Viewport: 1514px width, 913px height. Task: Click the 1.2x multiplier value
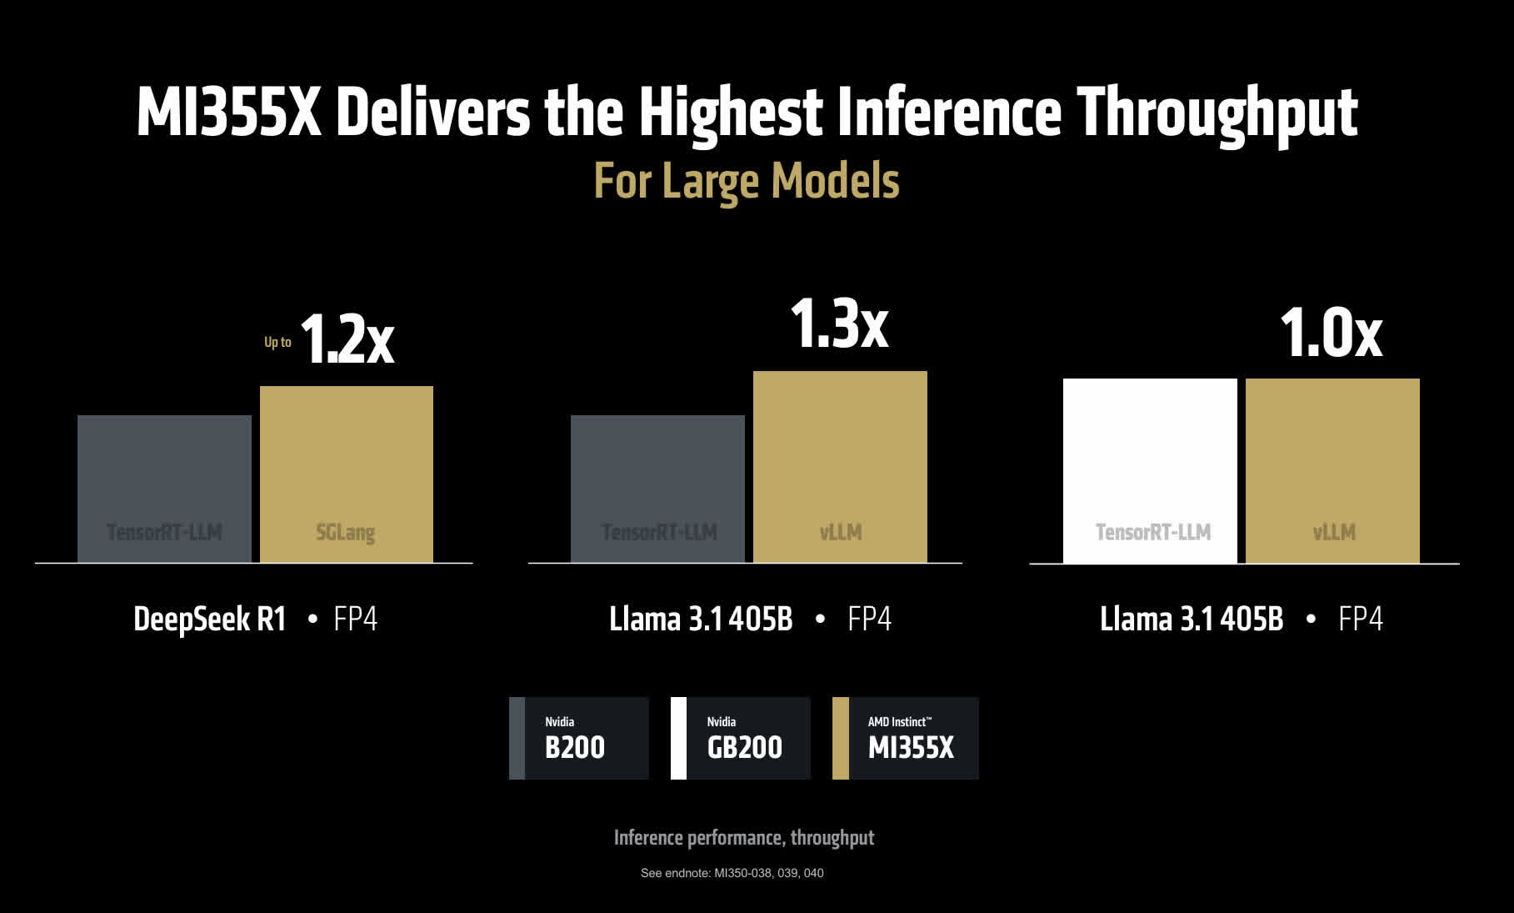[347, 340]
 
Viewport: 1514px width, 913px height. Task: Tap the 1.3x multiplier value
[839, 324]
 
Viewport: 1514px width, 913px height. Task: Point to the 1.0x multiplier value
[1331, 334]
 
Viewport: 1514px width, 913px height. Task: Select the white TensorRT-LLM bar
[1150, 471]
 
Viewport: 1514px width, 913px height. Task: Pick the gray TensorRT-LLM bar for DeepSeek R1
[164, 489]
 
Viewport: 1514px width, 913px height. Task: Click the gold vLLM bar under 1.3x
[840, 467]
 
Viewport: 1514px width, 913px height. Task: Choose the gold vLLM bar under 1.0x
[1332, 471]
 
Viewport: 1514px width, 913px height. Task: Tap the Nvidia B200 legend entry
[579, 739]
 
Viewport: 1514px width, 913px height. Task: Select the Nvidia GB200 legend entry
[741, 739]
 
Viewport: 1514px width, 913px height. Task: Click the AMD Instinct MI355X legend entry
[906, 739]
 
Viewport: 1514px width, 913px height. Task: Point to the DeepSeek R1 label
[210, 620]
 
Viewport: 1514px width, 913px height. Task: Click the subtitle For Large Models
[747, 181]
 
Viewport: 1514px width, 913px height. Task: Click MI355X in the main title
[229, 113]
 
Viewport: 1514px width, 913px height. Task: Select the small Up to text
[277, 342]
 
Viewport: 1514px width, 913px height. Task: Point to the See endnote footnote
[732, 873]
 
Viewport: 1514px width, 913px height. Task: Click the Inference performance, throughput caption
[744, 838]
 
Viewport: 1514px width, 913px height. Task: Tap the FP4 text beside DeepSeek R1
[356, 620]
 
